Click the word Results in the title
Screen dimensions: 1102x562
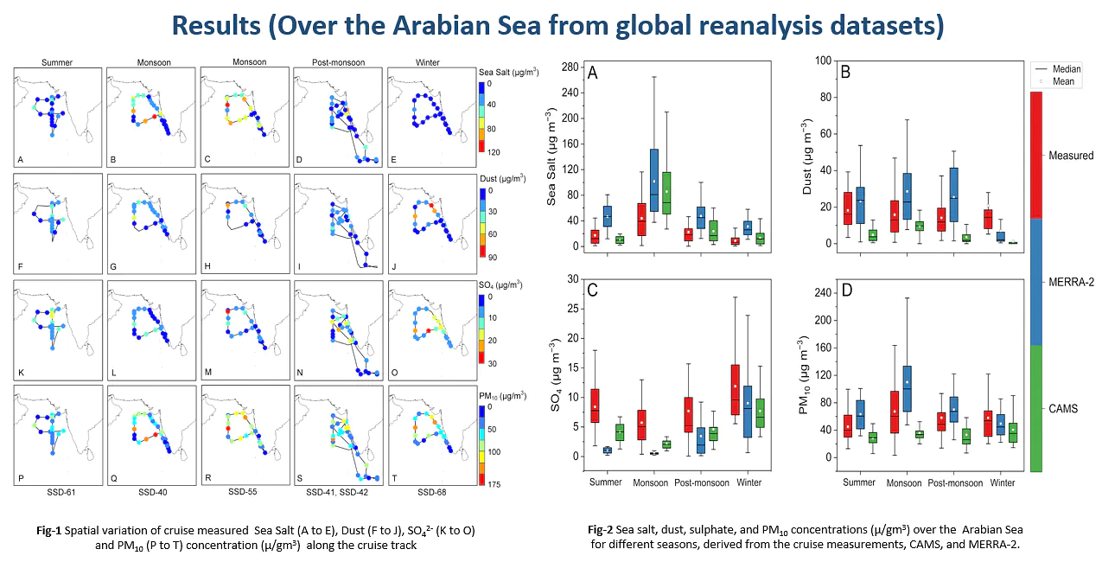(x=216, y=26)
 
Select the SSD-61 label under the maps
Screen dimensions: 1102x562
(x=61, y=492)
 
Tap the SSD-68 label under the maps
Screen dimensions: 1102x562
(x=432, y=492)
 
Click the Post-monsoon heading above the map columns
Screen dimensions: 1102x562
(x=339, y=62)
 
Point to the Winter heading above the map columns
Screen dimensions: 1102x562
(x=428, y=62)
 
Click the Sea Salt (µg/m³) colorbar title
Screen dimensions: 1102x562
(x=509, y=73)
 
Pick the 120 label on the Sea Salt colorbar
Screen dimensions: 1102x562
(x=494, y=152)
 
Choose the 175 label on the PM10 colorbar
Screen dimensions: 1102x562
(x=494, y=484)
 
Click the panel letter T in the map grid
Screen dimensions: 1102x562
(x=394, y=478)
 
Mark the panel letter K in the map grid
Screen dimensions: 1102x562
(x=21, y=373)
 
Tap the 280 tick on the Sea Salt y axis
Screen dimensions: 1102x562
(x=570, y=67)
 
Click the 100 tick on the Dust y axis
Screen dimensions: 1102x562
(x=823, y=61)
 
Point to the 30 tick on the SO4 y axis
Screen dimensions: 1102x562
(x=573, y=279)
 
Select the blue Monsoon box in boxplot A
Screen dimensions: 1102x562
(x=654, y=180)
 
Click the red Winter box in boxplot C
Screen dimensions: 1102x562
(x=735, y=391)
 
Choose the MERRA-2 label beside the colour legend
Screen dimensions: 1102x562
(x=1071, y=282)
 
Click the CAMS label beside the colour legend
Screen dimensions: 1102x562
(x=1063, y=408)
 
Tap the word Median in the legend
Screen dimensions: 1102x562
(x=1067, y=69)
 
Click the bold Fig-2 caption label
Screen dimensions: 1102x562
(x=600, y=530)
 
